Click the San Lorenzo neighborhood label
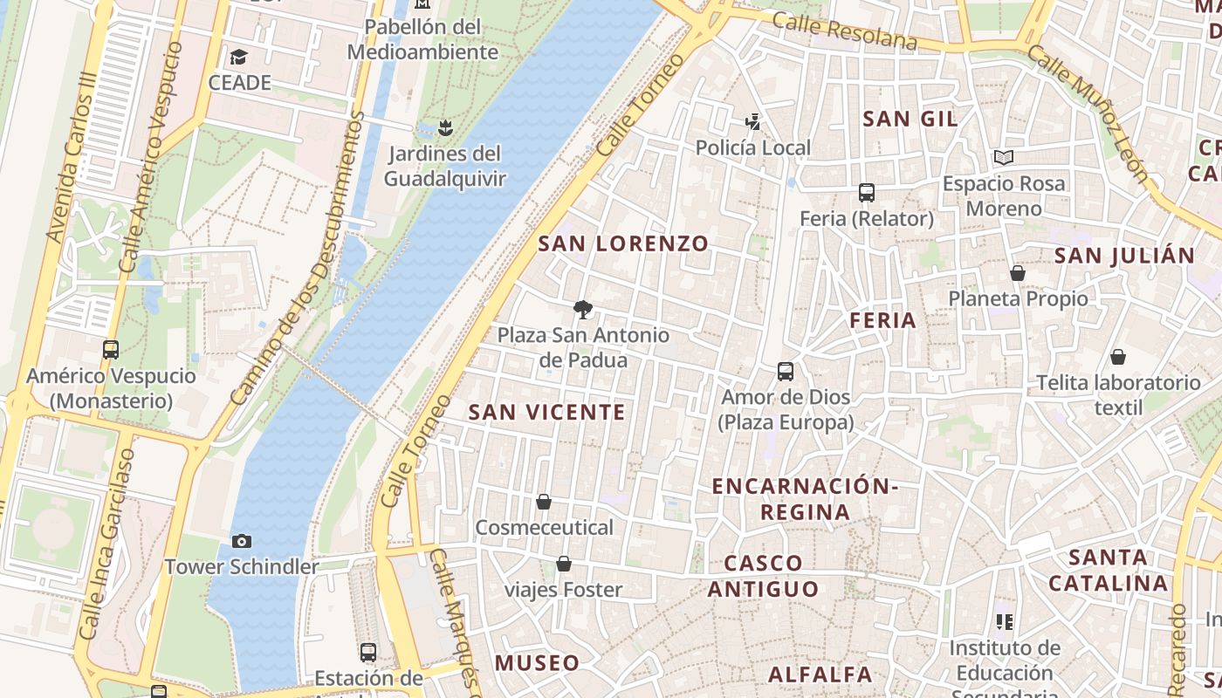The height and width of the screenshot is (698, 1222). tap(623, 243)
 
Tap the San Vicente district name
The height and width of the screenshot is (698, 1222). tap(547, 412)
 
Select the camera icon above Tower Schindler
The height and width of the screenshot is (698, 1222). tap(242, 542)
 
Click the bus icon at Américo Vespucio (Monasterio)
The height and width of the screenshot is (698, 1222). tap(111, 350)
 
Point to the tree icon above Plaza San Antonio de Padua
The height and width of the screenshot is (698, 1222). tap(582, 309)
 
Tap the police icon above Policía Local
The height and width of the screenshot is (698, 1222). tap(752, 122)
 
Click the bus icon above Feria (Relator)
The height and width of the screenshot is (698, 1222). tap(866, 193)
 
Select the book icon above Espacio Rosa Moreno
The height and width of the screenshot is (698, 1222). tap(1004, 158)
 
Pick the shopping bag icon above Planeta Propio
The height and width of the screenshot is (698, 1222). tap(1017, 273)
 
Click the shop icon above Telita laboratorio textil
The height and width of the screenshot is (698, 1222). tap(1117, 357)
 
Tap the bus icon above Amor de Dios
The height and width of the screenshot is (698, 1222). tap(786, 372)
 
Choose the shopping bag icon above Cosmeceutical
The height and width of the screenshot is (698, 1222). tap(544, 502)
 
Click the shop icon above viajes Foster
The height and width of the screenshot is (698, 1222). tap(564, 564)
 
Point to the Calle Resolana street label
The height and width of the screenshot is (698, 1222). tap(844, 31)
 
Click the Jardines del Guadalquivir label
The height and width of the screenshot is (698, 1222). tap(445, 166)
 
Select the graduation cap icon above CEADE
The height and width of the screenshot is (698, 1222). tap(238, 58)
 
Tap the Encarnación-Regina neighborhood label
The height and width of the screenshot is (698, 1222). tap(805, 498)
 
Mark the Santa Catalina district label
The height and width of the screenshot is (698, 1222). tap(1108, 570)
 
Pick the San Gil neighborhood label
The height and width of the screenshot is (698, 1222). tap(910, 119)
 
